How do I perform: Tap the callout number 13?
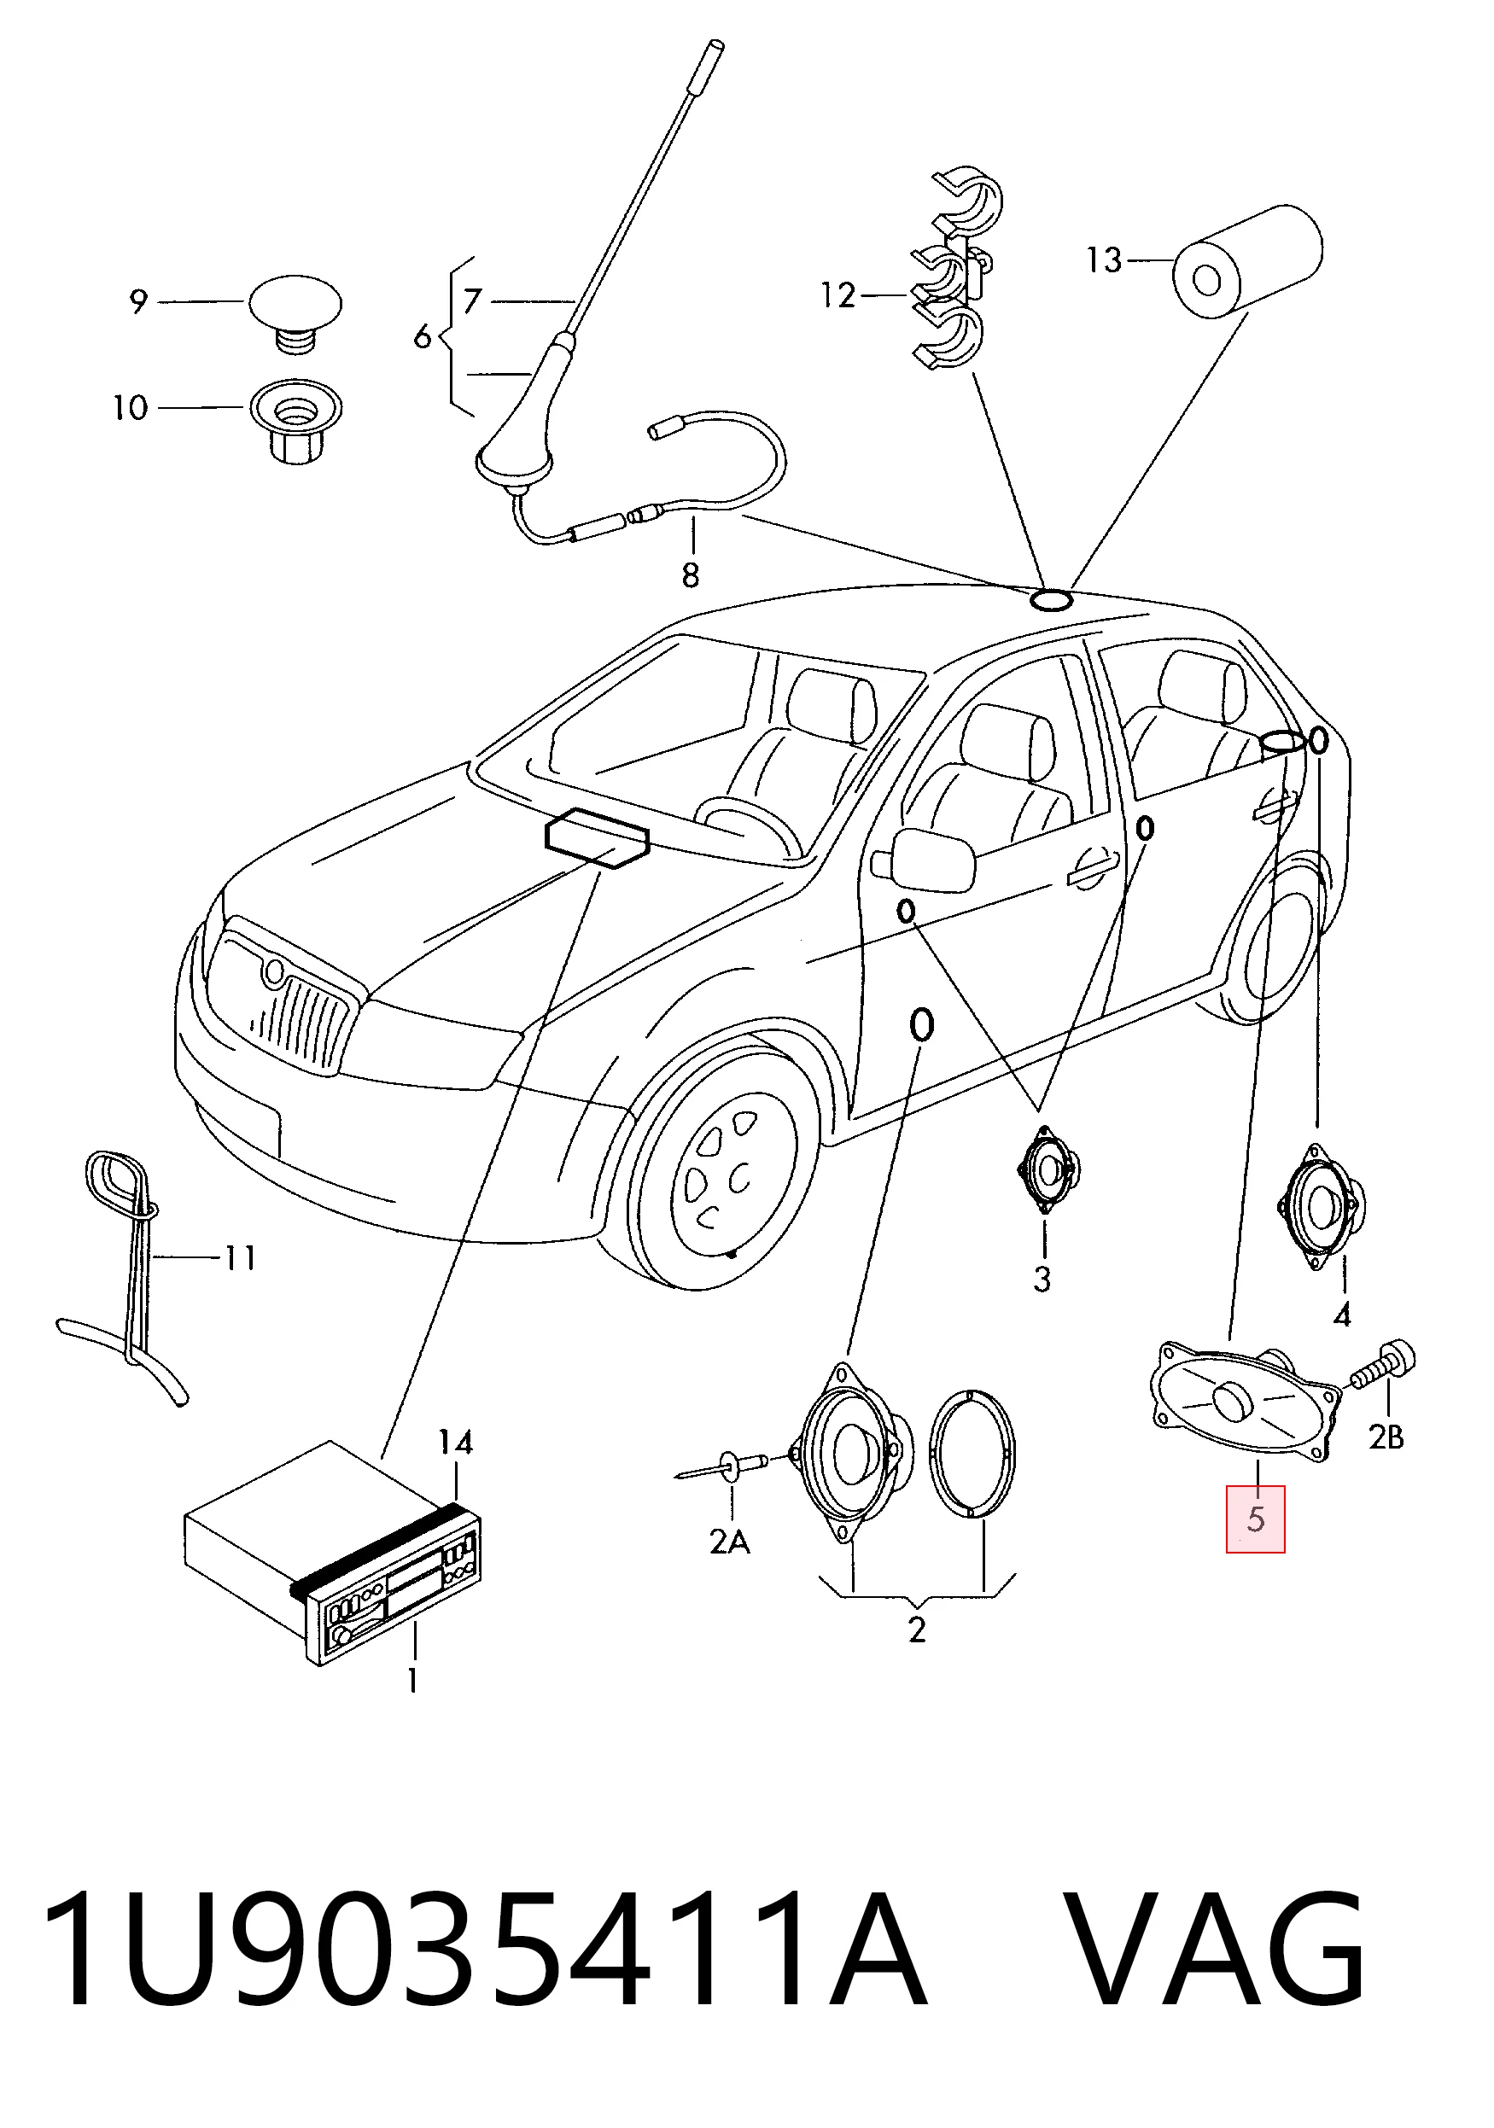pyautogui.click(x=1105, y=260)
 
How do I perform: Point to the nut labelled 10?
pyautogui.click(x=295, y=422)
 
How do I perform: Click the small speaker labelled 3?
pyautogui.click(x=1048, y=1169)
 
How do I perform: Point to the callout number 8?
pyautogui.click(x=690, y=575)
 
